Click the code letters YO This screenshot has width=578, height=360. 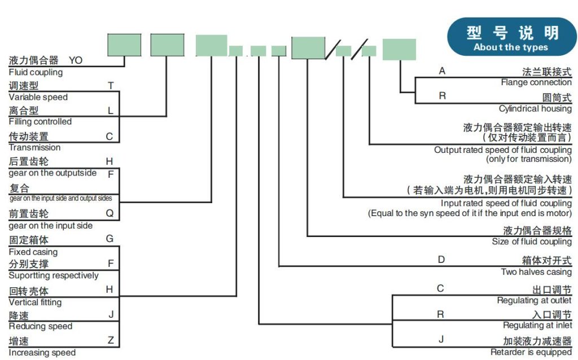[x=75, y=60]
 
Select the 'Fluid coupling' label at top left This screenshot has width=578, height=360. [x=36, y=72]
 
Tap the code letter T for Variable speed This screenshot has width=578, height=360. [x=111, y=86]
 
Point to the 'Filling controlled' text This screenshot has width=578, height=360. [x=40, y=121]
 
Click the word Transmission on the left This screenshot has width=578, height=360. [x=34, y=147]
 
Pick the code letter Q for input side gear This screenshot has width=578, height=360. [x=110, y=213]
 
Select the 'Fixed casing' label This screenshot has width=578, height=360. [x=33, y=252]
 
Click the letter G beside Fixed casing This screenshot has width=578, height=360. [x=110, y=239]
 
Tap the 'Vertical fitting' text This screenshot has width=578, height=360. [x=35, y=302]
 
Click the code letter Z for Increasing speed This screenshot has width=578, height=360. [x=111, y=340]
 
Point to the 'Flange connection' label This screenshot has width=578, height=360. [x=536, y=82]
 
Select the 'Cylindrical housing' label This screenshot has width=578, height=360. [x=535, y=108]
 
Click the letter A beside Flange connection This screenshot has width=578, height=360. [x=442, y=71]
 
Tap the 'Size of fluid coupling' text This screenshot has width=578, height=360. [x=532, y=242]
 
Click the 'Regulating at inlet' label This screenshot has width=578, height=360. [x=537, y=326]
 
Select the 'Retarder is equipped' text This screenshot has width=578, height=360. [x=531, y=352]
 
